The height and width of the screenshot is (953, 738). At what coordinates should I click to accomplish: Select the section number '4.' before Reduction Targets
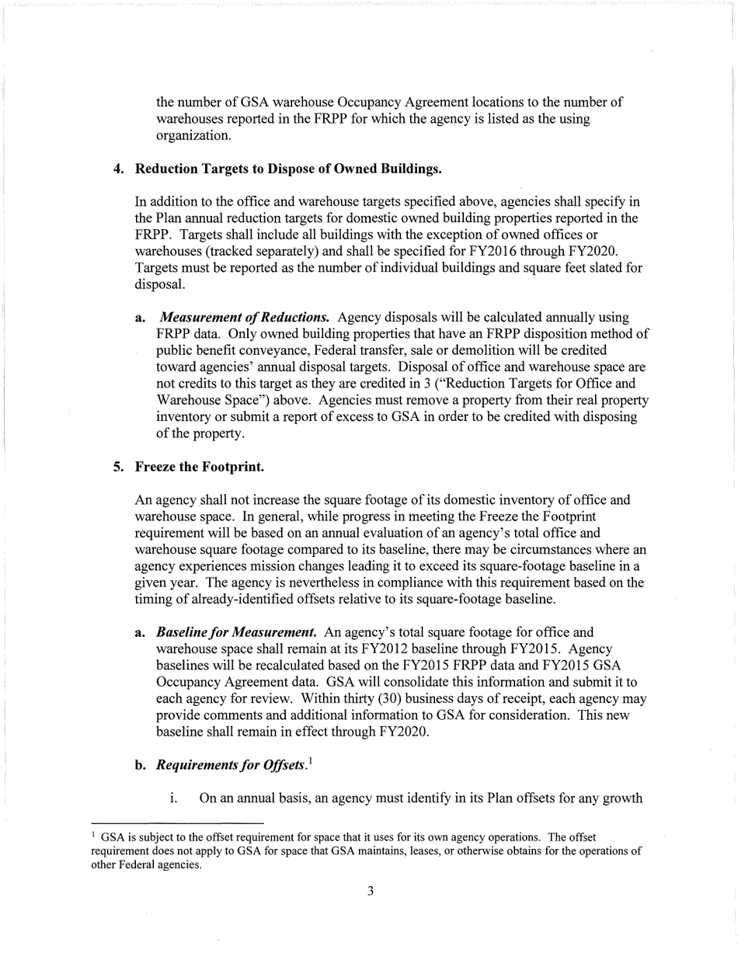(x=120, y=169)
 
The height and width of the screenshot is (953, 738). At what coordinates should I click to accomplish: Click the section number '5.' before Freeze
(x=120, y=468)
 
